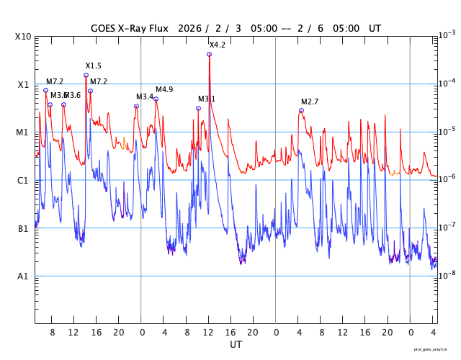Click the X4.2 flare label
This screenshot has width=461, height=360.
(x=217, y=45)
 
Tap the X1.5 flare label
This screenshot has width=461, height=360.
(x=93, y=66)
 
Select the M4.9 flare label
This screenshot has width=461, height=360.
(x=164, y=89)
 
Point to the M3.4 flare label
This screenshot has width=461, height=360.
(x=145, y=96)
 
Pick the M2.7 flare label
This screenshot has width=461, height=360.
(x=310, y=102)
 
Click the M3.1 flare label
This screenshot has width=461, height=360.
(x=207, y=99)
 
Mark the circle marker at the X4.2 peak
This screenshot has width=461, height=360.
(x=209, y=54)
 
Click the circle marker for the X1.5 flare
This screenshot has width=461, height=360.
(x=86, y=75)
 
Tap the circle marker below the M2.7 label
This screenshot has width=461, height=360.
(x=301, y=110)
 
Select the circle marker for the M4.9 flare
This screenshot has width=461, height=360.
(x=156, y=99)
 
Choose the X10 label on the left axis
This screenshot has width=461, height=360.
(x=23, y=37)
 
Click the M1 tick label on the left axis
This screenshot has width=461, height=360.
(x=23, y=132)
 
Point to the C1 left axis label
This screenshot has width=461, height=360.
(x=23, y=181)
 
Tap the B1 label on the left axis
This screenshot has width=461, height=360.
(x=23, y=229)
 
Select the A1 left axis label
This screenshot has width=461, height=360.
(x=23, y=276)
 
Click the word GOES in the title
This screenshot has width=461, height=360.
(x=105, y=29)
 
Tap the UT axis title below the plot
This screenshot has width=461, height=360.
(x=236, y=345)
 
